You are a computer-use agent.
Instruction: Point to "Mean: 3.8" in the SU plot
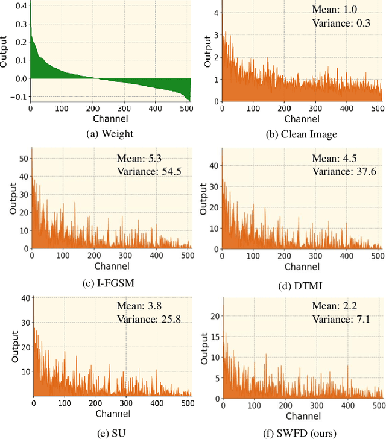136,308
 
